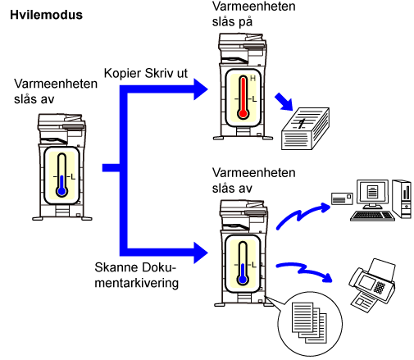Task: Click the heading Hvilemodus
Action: click(x=46, y=15)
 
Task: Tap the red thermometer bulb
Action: click(x=243, y=113)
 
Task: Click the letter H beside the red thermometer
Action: click(x=252, y=79)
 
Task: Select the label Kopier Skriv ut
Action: click(x=146, y=73)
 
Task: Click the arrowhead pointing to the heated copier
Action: click(x=201, y=89)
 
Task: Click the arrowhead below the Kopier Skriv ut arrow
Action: click(x=201, y=253)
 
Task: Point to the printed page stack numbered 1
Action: click(x=305, y=129)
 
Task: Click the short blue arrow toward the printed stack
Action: click(x=284, y=102)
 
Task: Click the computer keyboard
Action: click(x=372, y=216)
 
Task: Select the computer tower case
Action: click(x=402, y=199)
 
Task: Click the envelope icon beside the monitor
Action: click(x=342, y=198)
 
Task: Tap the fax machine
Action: click(x=372, y=285)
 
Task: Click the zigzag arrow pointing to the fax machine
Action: click(x=304, y=271)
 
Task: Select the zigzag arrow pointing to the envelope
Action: click(x=303, y=215)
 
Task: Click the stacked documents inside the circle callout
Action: click(x=309, y=322)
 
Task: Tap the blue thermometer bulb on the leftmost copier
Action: click(x=62, y=191)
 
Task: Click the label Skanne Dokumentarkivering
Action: click(x=136, y=275)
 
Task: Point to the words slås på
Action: click(x=232, y=22)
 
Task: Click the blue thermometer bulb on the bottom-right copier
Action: click(x=243, y=280)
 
